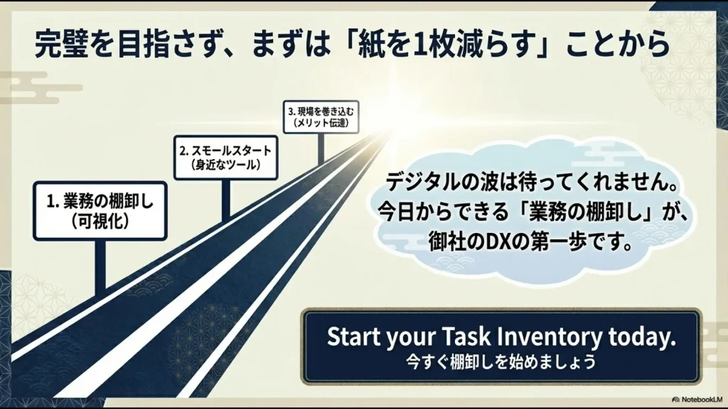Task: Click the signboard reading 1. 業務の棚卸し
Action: (x=100, y=211)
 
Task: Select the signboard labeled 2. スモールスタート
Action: (x=226, y=158)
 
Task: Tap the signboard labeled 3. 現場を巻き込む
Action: (x=321, y=117)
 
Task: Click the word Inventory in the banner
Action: (x=540, y=337)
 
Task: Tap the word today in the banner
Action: (x=641, y=337)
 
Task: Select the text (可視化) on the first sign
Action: (x=100, y=221)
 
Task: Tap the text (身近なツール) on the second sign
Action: (x=226, y=165)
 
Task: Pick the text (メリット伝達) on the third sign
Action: (x=321, y=123)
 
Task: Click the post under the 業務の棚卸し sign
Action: (x=100, y=266)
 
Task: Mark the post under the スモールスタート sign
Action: (x=225, y=199)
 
